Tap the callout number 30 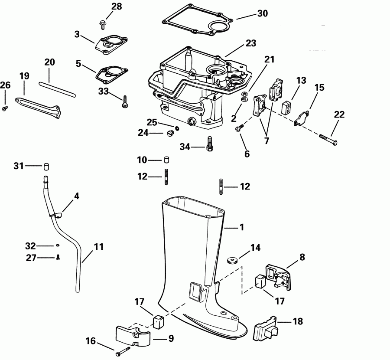(263, 13)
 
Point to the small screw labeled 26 (5, 108)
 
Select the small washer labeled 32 (58, 246)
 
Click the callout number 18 (297, 321)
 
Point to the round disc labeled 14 (232, 260)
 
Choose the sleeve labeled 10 (166, 160)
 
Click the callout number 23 (250, 43)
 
